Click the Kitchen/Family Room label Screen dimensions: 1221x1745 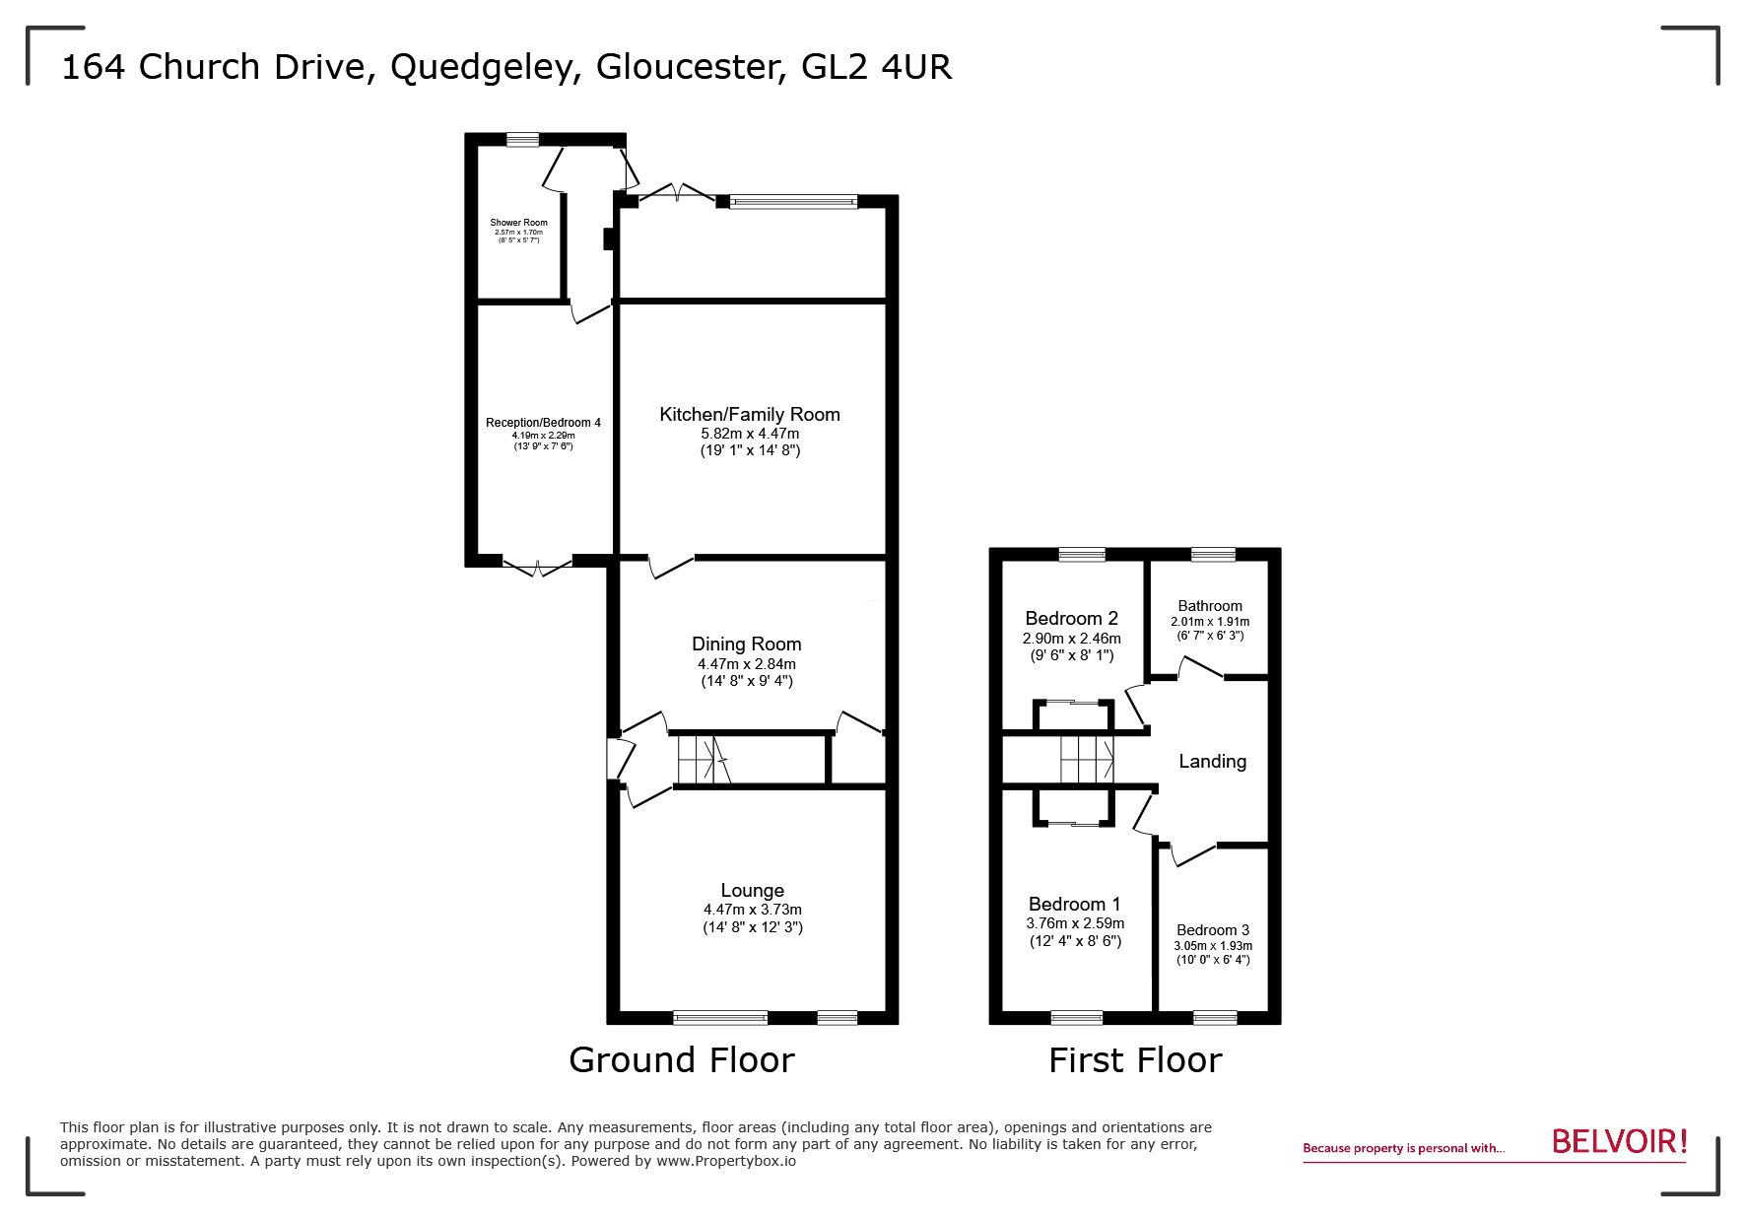click(749, 415)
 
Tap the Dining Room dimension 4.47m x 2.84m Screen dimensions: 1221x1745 click(746, 664)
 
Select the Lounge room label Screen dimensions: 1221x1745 click(752, 891)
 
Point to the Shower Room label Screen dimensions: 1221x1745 click(518, 223)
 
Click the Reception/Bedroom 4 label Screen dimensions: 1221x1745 click(543, 423)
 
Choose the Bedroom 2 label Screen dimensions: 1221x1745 click(1071, 619)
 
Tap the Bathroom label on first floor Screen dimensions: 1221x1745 click(1209, 606)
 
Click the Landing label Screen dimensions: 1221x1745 click(1212, 762)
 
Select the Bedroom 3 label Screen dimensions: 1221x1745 click(1212, 930)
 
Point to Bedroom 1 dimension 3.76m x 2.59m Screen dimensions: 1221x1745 click(1074, 923)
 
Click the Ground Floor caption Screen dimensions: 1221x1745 click(681, 1060)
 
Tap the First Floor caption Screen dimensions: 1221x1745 click(1134, 1060)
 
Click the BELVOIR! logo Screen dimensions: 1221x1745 click(1619, 1142)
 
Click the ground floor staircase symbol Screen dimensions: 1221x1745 click(703, 760)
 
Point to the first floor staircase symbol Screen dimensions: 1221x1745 click(1087, 759)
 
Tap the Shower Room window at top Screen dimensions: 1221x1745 click(523, 140)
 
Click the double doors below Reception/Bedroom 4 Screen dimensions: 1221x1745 click(537, 565)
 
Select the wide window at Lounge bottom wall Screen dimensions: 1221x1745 click(720, 1017)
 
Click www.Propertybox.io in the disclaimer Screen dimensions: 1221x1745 click(726, 1161)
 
